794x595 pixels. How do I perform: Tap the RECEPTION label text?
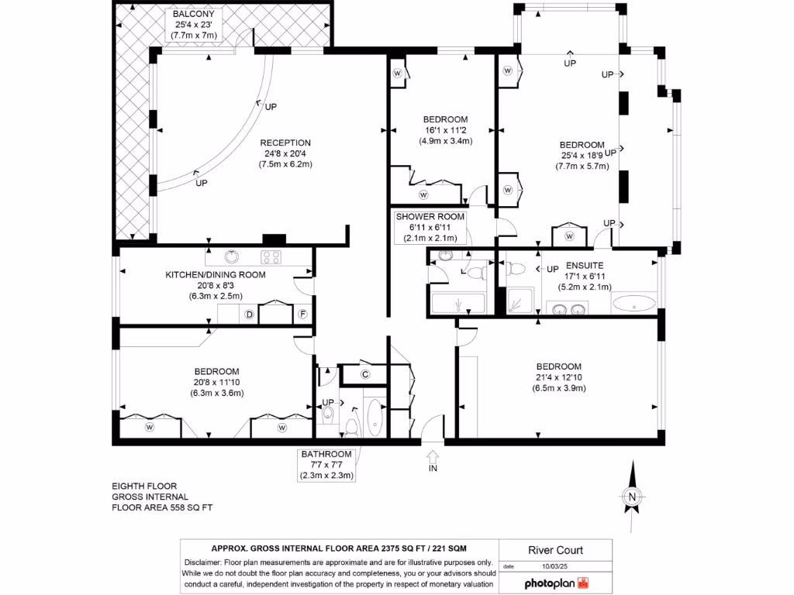(285, 143)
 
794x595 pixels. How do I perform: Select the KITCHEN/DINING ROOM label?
(216, 274)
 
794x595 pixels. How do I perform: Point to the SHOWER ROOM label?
(430, 217)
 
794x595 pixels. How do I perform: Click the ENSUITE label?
(585, 265)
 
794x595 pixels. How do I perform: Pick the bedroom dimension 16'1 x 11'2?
(446, 130)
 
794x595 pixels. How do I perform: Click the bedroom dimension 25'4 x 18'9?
(582, 156)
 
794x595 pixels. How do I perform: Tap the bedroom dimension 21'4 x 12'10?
(558, 377)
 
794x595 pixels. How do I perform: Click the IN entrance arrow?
(432, 457)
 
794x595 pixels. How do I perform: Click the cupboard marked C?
(364, 374)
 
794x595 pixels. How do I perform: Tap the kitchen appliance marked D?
(250, 315)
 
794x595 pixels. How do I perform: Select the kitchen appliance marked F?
(303, 315)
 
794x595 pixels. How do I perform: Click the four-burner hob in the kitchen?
(271, 257)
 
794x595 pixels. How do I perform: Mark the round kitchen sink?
(230, 256)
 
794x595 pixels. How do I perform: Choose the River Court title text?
(555, 551)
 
